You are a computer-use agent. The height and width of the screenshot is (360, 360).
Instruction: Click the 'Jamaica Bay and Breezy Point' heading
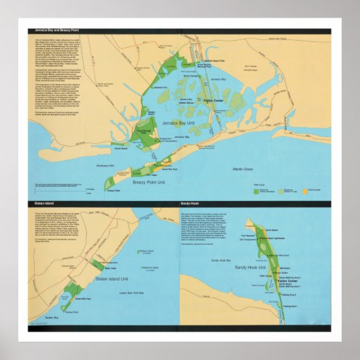pos(54,31)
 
